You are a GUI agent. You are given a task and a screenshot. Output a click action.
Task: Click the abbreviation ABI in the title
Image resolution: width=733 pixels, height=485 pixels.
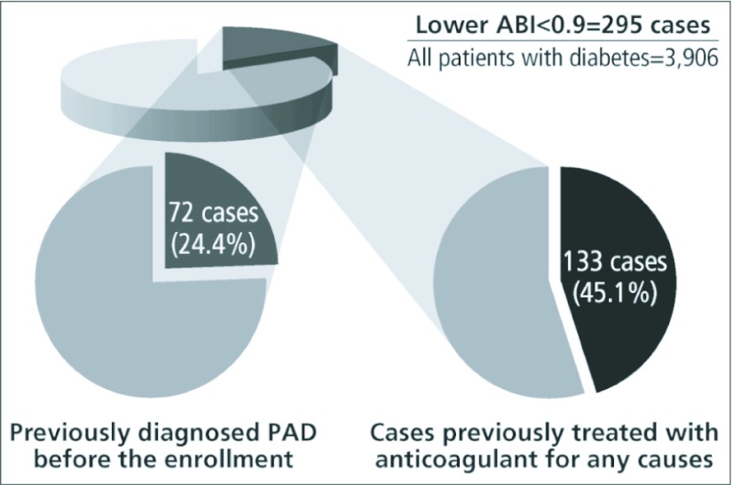pyautogui.click(x=501, y=26)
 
